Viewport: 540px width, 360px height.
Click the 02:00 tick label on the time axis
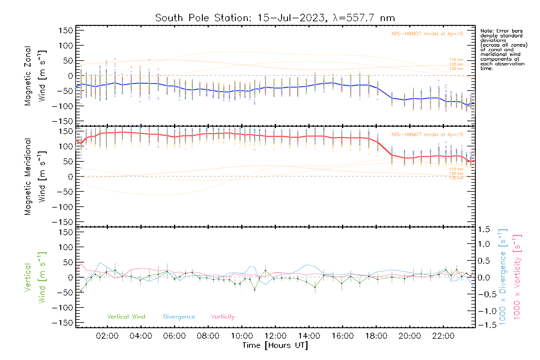(x=107, y=336)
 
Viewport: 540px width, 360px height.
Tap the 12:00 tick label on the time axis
(x=275, y=336)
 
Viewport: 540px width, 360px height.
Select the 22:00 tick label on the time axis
(x=443, y=336)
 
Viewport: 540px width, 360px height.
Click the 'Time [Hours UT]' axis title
(x=275, y=345)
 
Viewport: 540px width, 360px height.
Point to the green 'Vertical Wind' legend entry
(x=126, y=317)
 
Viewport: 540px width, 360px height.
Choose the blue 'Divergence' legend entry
(x=179, y=317)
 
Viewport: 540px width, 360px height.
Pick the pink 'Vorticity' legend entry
(x=223, y=317)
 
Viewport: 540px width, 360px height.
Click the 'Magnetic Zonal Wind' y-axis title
(x=35, y=76)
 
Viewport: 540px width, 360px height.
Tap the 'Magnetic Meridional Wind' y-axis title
(x=35, y=177)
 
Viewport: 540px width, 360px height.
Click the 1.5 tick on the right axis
(x=484, y=229)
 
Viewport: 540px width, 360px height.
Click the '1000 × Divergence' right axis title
(x=503, y=277)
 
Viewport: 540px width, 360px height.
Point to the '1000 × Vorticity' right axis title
(x=517, y=277)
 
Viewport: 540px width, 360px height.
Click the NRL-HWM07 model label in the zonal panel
(x=427, y=34)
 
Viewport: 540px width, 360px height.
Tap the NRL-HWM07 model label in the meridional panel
(x=427, y=135)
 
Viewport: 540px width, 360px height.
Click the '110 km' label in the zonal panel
(x=456, y=60)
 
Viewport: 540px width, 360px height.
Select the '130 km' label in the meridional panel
(x=456, y=178)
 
